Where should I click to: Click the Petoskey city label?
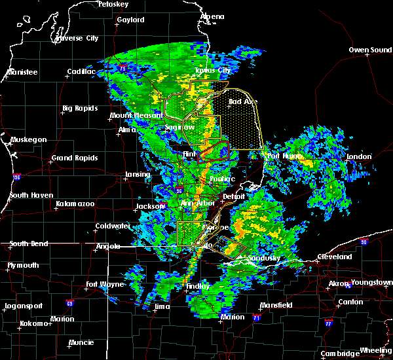point(113,4)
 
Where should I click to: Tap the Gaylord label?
point(130,20)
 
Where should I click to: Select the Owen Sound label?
point(370,50)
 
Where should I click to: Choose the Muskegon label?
point(28,139)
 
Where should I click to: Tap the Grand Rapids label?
point(75,158)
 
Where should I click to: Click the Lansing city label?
point(138,175)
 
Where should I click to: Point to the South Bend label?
point(29,243)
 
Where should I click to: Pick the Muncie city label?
point(81,342)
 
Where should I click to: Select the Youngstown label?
point(371,283)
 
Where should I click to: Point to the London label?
point(359,156)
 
